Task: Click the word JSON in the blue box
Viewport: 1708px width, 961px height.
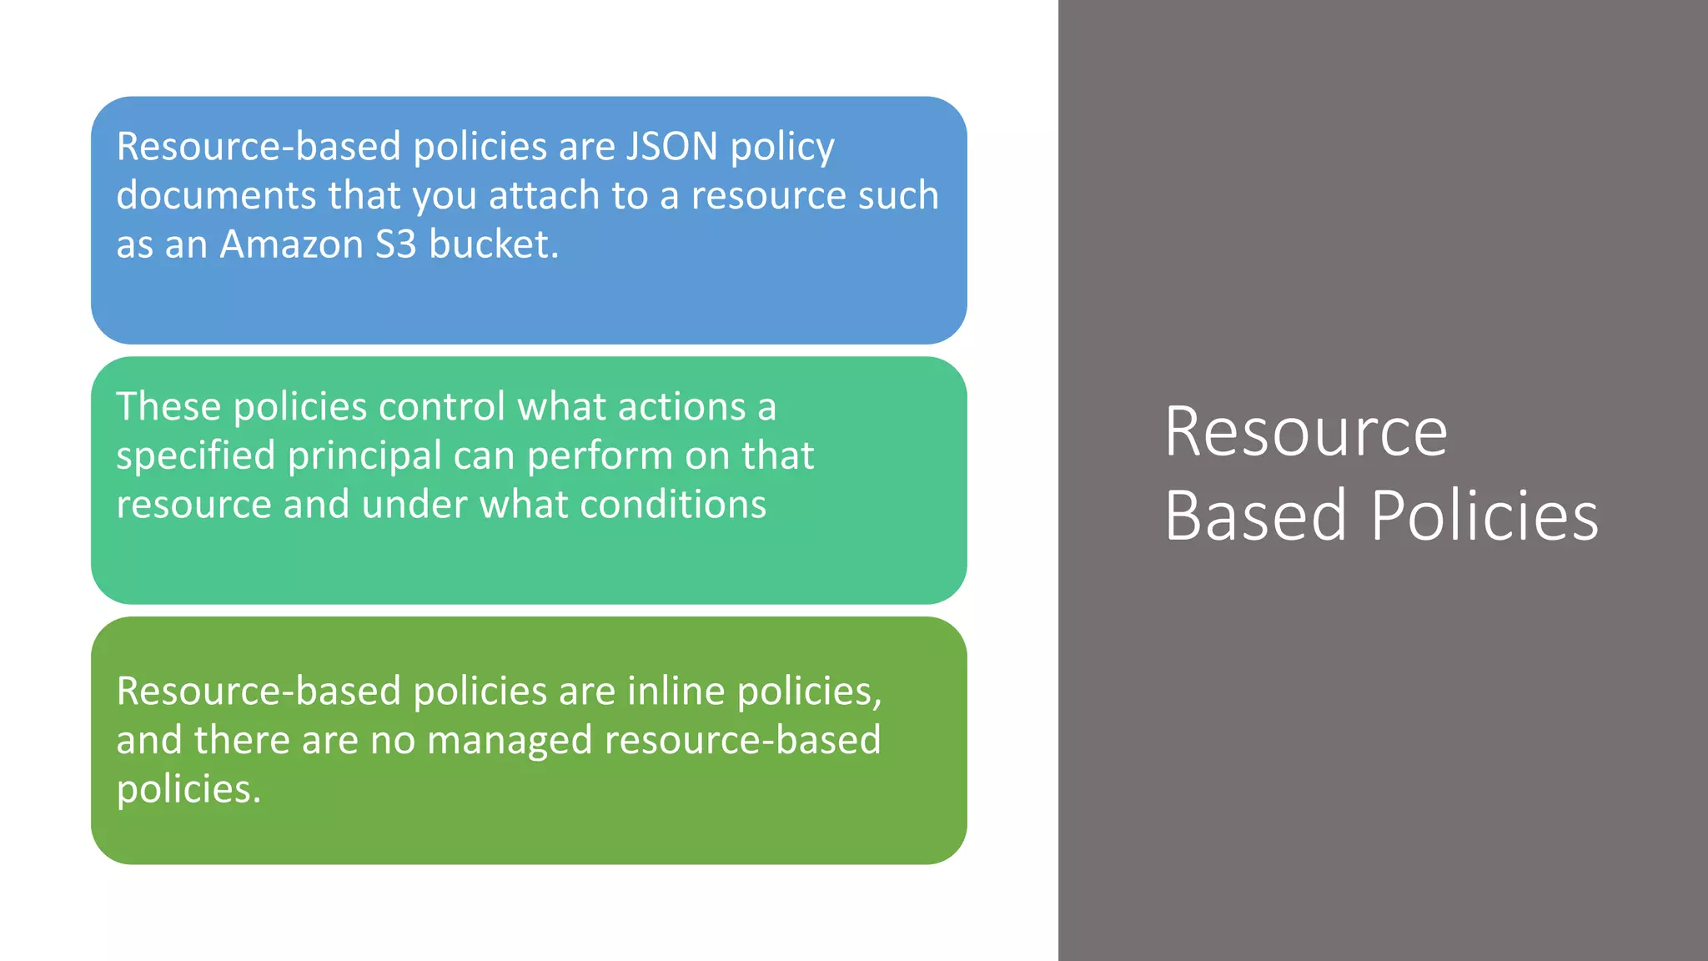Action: click(671, 147)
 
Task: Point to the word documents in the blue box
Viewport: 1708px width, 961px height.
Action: click(216, 196)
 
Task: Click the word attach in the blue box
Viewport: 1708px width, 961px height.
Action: click(544, 196)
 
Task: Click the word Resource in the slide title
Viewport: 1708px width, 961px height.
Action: click(1306, 432)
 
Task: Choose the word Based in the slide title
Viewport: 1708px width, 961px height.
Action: click(1255, 516)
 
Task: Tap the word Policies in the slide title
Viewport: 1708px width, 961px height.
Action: click(1484, 516)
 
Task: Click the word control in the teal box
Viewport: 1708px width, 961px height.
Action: click(441, 407)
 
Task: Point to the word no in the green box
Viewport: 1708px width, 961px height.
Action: click(392, 741)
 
